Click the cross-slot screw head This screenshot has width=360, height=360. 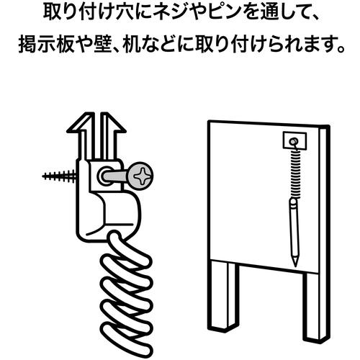[x=139, y=176]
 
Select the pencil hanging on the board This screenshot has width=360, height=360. [x=294, y=233]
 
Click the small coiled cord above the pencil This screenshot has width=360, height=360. [x=295, y=173]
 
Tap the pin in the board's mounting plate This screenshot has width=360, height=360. [x=293, y=141]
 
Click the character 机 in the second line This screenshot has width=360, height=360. [x=131, y=45]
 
